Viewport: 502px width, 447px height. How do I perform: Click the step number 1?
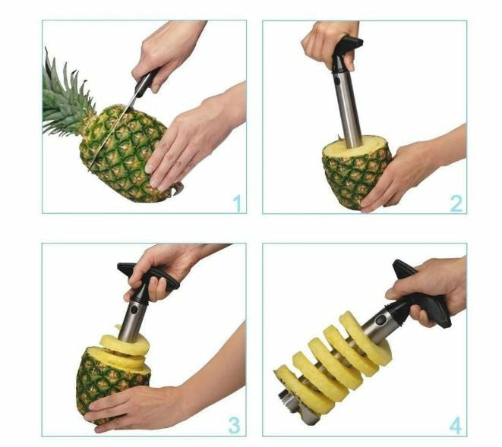coord(237,203)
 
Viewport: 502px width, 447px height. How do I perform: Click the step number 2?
coord(456,203)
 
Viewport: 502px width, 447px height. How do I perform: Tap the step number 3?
coord(234,426)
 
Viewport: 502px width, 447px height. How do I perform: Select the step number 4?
coord(456,426)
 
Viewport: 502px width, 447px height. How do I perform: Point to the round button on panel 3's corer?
coord(134,310)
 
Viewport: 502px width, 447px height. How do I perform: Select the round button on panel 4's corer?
coord(381,320)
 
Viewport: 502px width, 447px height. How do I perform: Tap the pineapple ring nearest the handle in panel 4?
coord(365,340)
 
